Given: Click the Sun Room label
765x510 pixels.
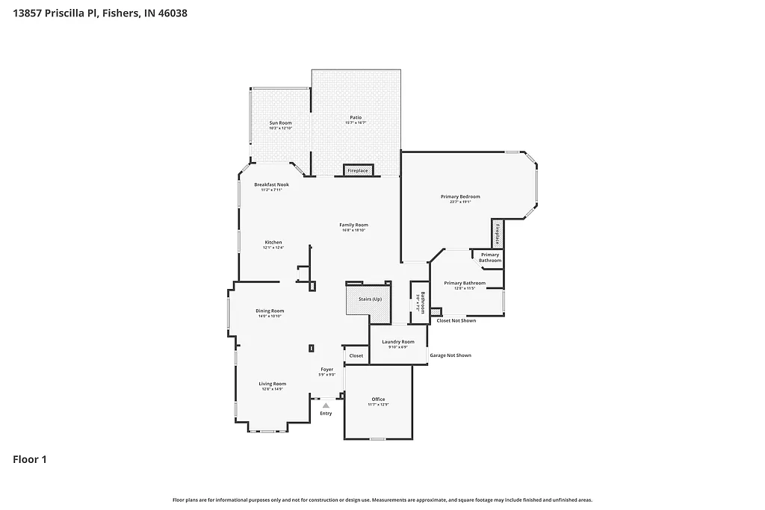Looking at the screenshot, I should pyautogui.click(x=280, y=122).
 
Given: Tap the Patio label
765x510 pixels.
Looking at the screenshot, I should pyautogui.click(x=356, y=118).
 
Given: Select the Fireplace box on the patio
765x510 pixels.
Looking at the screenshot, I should pyautogui.click(x=358, y=171).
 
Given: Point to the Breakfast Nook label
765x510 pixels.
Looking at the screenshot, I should pyautogui.click(x=271, y=184).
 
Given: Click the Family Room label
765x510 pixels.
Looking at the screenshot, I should pyautogui.click(x=353, y=225).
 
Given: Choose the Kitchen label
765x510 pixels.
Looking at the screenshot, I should pyautogui.click(x=273, y=243).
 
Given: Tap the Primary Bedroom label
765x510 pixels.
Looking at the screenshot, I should pyautogui.click(x=460, y=197).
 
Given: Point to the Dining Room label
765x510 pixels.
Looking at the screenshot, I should pyautogui.click(x=270, y=311).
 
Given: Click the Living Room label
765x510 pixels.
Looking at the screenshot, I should pyautogui.click(x=273, y=384).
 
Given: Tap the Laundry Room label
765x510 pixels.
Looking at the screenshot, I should pyautogui.click(x=398, y=342).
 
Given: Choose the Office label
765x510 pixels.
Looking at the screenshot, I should pyautogui.click(x=378, y=399).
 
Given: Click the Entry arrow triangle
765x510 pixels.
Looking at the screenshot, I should pyautogui.click(x=326, y=405).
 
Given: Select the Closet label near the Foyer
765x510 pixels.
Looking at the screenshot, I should pyautogui.click(x=356, y=355).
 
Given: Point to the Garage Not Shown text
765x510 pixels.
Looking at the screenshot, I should pyautogui.click(x=450, y=355).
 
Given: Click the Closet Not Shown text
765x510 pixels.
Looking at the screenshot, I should pyautogui.click(x=456, y=320).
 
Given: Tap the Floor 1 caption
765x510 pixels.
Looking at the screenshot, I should pyautogui.click(x=30, y=459).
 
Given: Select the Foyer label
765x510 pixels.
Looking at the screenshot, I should pyautogui.click(x=327, y=370).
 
